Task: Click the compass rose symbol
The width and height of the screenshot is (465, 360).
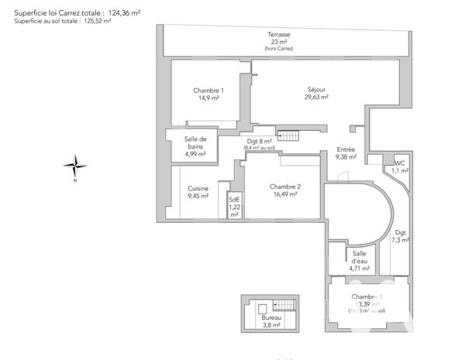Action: click(75, 166)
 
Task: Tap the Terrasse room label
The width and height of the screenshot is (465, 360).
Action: click(279, 35)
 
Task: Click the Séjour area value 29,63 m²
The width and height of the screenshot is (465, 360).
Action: click(316, 98)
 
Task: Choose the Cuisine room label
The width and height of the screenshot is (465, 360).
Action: click(198, 188)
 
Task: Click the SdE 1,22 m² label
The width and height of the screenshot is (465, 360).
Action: click(234, 207)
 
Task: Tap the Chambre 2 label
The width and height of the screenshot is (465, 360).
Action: click(285, 187)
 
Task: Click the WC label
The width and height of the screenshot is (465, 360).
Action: click(400, 163)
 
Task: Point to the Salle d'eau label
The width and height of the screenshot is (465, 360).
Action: click(359, 258)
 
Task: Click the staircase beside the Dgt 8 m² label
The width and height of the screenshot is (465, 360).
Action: click(288, 136)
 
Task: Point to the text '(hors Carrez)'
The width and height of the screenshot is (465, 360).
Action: click(279, 49)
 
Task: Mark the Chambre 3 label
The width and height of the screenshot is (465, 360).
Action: click(367, 297)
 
